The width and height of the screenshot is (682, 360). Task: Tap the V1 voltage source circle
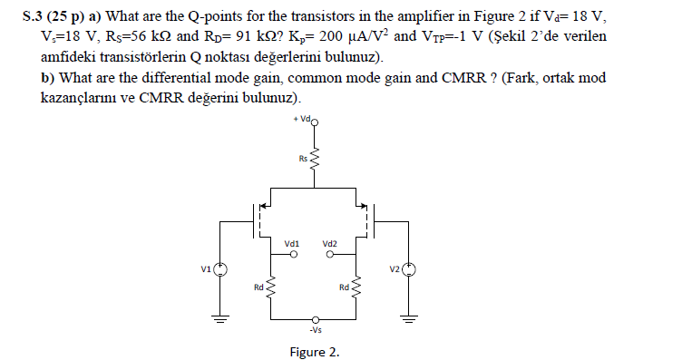pos(219,268)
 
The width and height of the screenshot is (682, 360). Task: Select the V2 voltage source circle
pos(410,268)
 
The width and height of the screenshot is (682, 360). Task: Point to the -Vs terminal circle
pos(315,319)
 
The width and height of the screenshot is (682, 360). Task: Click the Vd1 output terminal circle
pos(293,255)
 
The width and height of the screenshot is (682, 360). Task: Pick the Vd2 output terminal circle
pos(333,255)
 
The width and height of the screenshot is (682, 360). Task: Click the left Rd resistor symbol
pos(270,288)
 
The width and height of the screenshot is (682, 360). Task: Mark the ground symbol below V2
pos(410,317)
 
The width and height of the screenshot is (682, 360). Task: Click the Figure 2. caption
pos(315,351)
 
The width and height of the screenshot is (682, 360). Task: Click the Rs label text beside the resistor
pos(303,160)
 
